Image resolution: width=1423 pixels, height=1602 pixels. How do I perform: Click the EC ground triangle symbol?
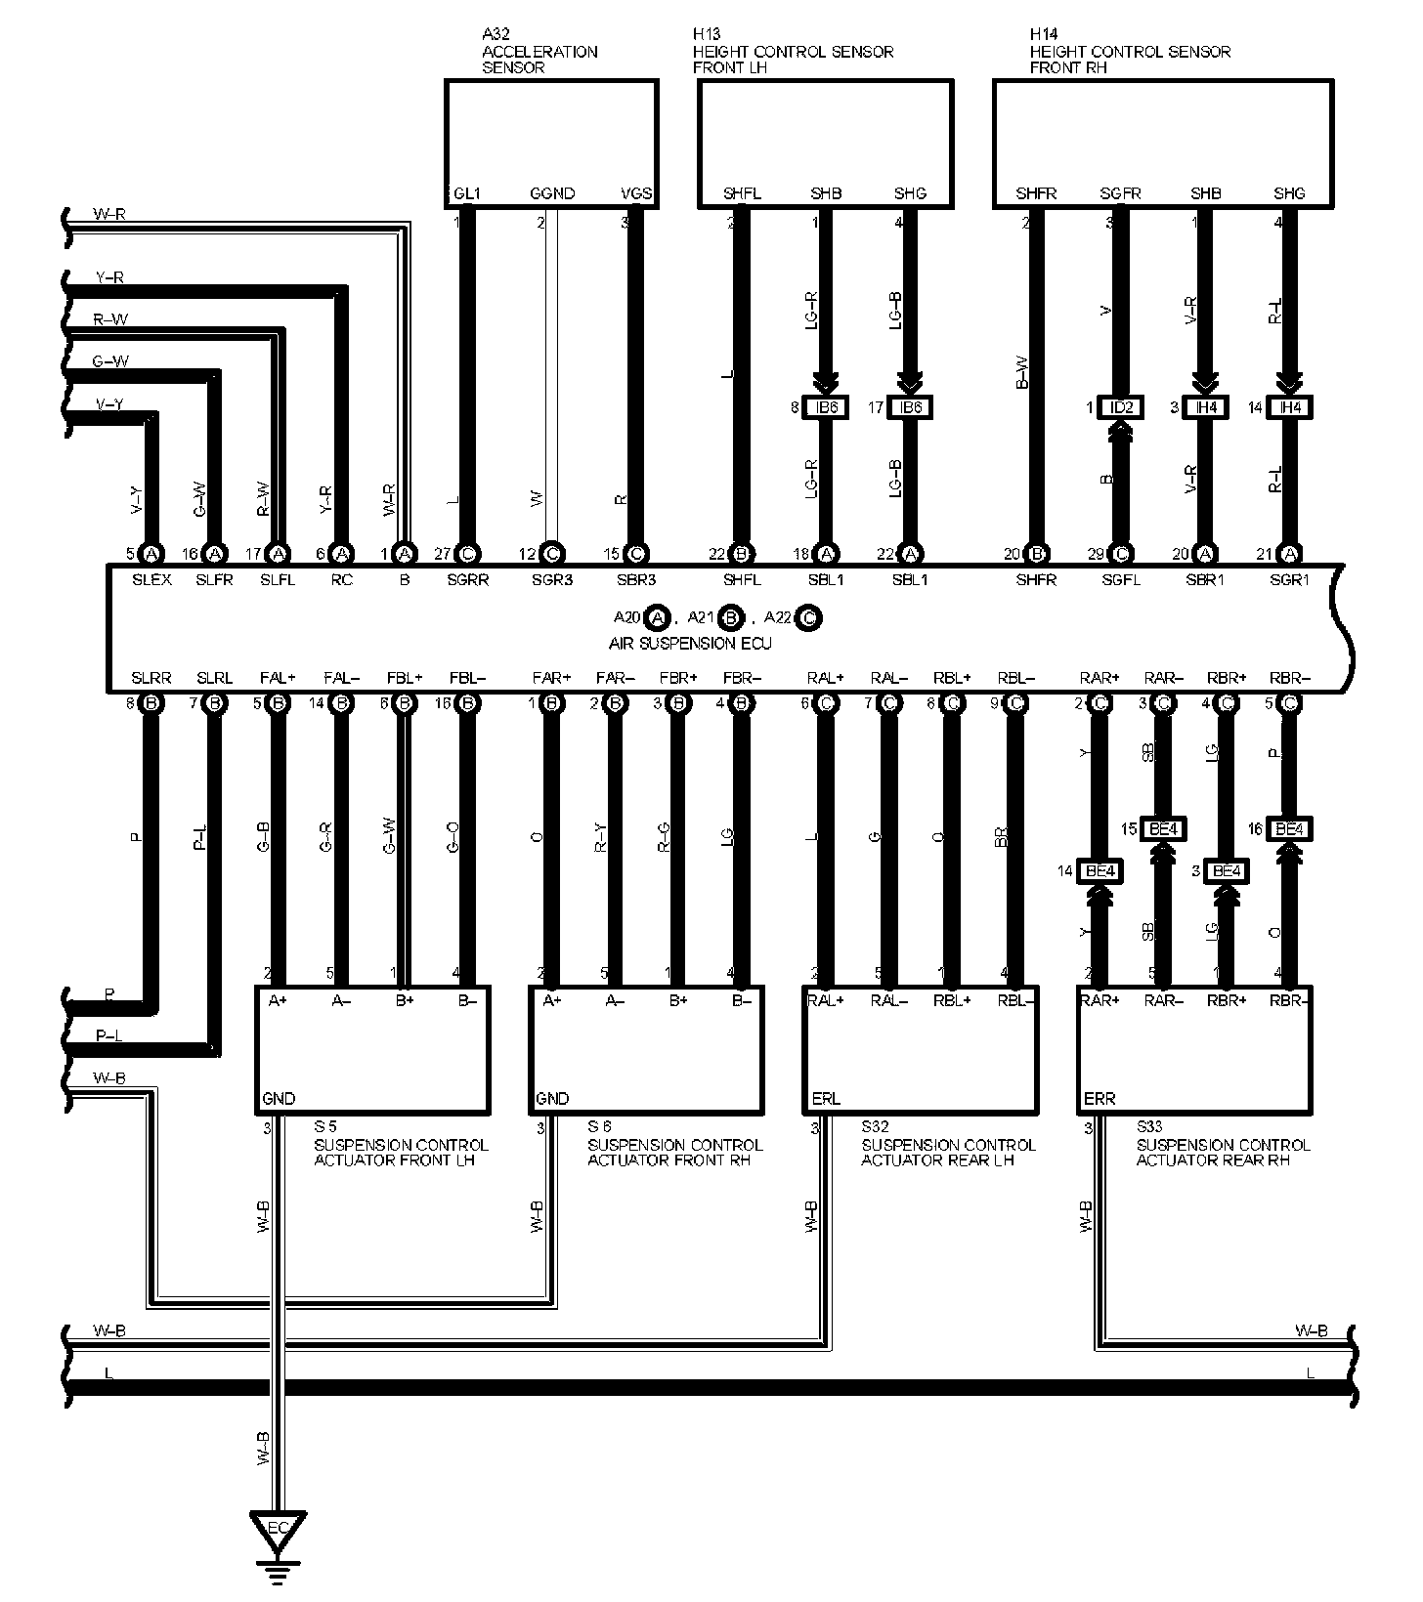[x=279, y=1528]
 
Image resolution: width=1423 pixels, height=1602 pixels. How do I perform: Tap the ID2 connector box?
[x=1121, y=407]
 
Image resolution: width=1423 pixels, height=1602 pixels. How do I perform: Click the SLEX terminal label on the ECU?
[x=151, y=579]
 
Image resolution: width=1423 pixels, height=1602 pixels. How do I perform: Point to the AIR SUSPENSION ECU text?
[x=690, y=644]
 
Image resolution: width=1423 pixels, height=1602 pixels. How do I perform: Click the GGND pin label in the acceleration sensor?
[x=552, y=193]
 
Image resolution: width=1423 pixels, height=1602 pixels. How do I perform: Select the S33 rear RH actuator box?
[x=1194, y=1050]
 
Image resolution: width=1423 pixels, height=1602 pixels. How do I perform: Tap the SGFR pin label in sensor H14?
[x=1120, y=193]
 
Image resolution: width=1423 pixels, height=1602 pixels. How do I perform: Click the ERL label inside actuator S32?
[x=826, y=1099]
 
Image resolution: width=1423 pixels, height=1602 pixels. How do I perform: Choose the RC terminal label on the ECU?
[x=341, y=579]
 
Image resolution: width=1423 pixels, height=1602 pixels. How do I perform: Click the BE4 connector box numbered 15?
[x=1163, y=829]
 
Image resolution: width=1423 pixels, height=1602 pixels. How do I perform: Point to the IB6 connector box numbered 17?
[x=910, y=407]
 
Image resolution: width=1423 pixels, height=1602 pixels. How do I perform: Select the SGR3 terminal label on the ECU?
[x=551, y=579]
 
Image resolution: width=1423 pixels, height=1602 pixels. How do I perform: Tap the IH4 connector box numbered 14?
[x=1290, y=407]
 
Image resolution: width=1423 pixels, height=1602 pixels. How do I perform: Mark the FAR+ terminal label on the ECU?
[x=551, y=677]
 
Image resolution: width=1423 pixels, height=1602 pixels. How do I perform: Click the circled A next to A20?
[x=658, y=617]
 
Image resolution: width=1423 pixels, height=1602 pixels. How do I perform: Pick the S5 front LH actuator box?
[x=371, y=1050]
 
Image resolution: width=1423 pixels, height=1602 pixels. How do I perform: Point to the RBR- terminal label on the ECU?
[x=1290, y=677]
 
